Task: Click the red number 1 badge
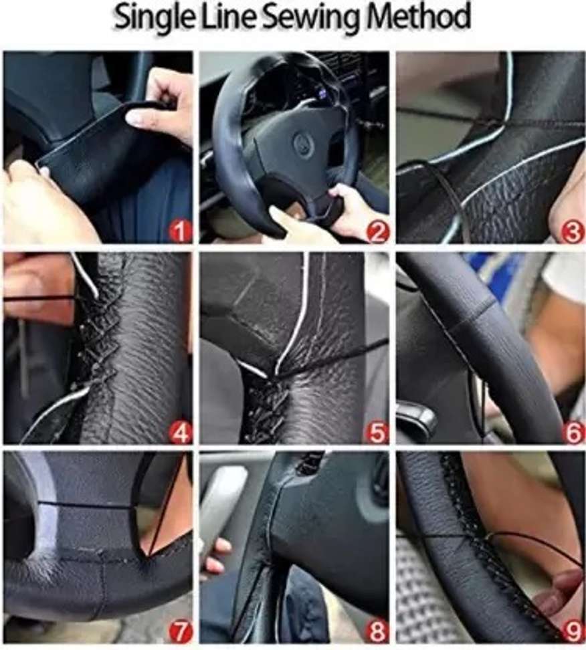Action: (x=179, y=231)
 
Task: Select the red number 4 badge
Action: (x=179, y=433)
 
